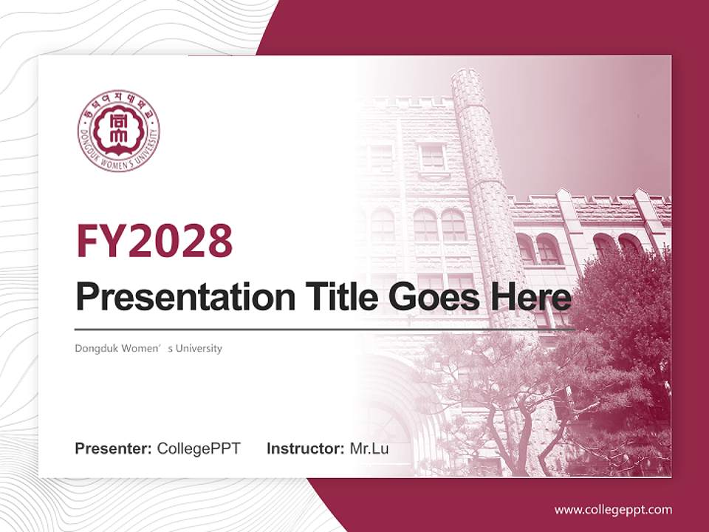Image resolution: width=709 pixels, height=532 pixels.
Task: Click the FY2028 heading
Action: tap(154, 240)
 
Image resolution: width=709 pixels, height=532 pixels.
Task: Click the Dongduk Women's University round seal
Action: tap(118, 131)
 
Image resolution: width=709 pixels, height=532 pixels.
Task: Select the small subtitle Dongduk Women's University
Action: tap(148, 348)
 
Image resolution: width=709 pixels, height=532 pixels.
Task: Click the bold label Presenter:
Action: tap(114, 449)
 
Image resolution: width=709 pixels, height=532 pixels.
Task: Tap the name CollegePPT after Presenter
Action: tap(199, 449)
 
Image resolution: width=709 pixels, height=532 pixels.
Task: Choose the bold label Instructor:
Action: tap(305, 449)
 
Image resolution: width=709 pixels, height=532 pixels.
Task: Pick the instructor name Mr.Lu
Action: tap(369, 449)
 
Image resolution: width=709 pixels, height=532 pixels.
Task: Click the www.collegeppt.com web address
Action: tap(613, 509)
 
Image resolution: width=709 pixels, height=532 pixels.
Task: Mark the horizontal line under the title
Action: tap(325, 330)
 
